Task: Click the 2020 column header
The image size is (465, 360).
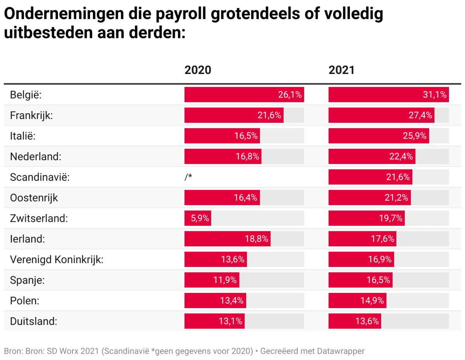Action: click(198, 70)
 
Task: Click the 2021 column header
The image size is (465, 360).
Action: click(341, 70)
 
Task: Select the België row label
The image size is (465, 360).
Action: click(26, 95)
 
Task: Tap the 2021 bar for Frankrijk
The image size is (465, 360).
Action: click(381, 115)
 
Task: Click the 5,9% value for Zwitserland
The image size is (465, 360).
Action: click(200, 218)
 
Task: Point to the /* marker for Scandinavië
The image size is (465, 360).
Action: click(189, 177)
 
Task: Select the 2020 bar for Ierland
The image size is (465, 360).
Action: click(227, 239)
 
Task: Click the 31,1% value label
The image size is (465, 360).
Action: click(436, 95)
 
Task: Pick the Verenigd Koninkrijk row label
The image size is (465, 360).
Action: click(57, 259)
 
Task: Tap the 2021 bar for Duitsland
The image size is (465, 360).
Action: click(355, 321)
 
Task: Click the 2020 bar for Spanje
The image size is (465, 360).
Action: click(212, 280)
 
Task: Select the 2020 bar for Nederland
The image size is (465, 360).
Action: click(223, 157)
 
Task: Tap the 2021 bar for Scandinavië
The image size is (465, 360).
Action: click(370, 177)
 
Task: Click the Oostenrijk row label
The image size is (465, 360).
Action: click(34, 198)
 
